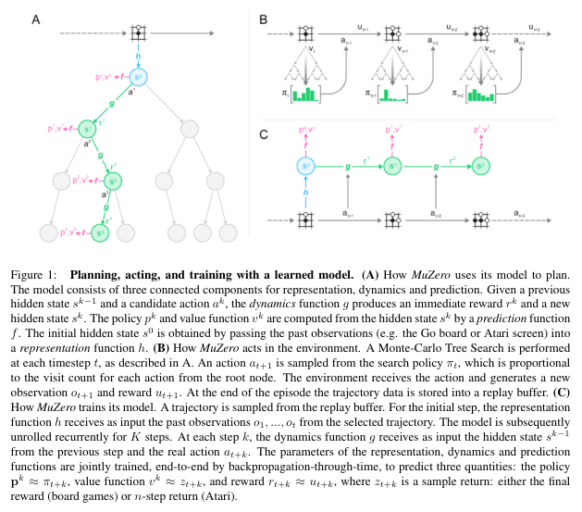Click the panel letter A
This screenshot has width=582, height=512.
pyautogui.click(x=37, y=19)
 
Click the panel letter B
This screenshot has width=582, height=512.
pyautogui.click(x=265, y=19)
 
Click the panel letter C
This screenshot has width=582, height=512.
pyautogui.click(x=265, y=134)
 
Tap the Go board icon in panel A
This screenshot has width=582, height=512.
pyautogui.click(x=138, y=34)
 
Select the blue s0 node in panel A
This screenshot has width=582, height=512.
pyautogui.click(x=138, y=79)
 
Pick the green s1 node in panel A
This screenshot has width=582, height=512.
pyautogui.click(x=89, y=129)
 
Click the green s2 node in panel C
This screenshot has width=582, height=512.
pyautogui.click(x=481, y=167)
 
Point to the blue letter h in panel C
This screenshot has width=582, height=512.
pyautogui.click(x=304, y=194)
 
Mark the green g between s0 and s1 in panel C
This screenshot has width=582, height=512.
pyautogui.click(x=348, y=168)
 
